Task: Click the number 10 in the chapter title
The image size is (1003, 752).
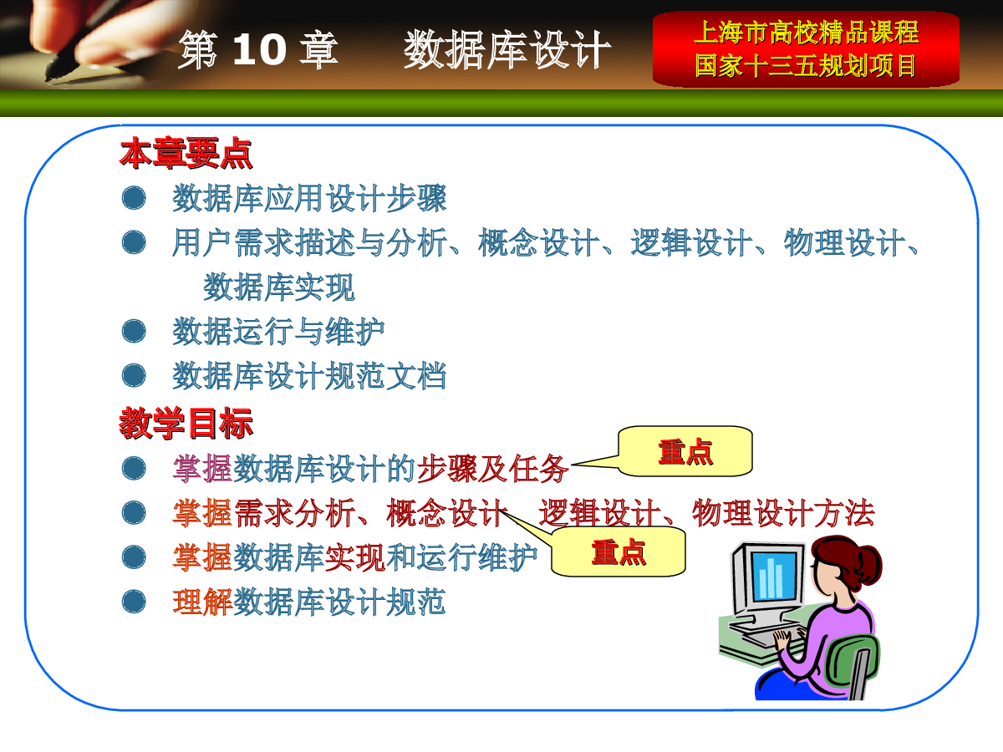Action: pyautogui.click(x=260, y=49)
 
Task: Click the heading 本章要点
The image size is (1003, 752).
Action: pyautogui.click(x=186, y=154)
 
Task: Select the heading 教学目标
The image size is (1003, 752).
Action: pyautogui.click(x=186, y=424)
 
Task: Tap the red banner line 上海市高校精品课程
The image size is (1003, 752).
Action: pyautogui.click(x=806, y=33)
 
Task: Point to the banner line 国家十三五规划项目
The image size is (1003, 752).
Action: pyautogui.click(x=806, y=65)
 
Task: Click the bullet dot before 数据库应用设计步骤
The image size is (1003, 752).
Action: pyautogui.click(x=134, y=198)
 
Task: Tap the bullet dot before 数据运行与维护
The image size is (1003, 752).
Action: pyautogui.click(x=134, y=331)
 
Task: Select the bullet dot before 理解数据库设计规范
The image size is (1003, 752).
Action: pyautogui.click(x=134, y=602)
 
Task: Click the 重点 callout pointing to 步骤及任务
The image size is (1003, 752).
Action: pyautogui.click(x=685, y=451)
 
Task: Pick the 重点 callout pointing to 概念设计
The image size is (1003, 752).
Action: pyautogui.click(x=619, y=551)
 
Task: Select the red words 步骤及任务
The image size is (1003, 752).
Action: pyautogui.click(x=492, y=469)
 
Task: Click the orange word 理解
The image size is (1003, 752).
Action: pyautogui.click(x=203, y=602)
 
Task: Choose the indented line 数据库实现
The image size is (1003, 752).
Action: pyautogui.click(x=278, y=287)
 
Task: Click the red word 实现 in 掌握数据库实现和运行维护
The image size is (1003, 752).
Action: pyautogui.click(x=355, y=557)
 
